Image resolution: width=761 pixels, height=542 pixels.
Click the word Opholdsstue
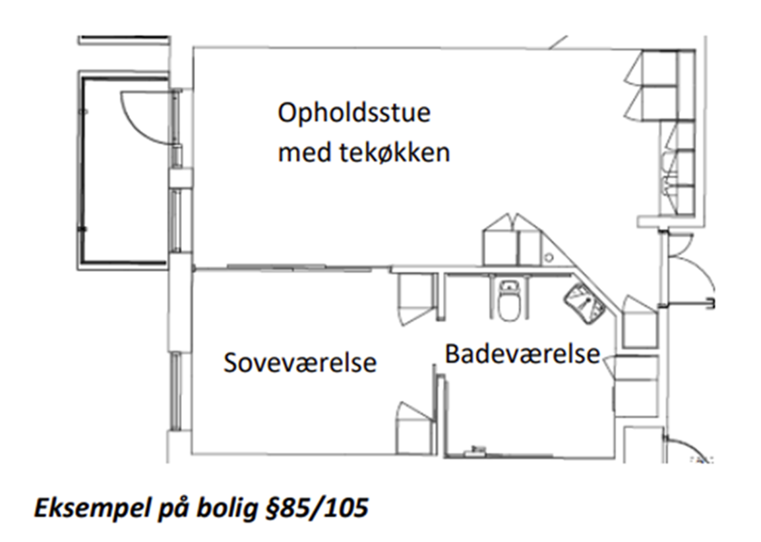tap(353, 114)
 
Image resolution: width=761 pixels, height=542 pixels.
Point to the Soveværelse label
tap(299, 363)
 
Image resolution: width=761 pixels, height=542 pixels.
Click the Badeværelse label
tap(522, 354)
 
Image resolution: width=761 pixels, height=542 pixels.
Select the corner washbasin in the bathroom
tap(583, 302)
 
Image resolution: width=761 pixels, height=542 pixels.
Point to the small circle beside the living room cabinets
tap(547, 257)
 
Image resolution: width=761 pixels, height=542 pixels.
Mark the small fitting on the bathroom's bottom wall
tap(475, 452)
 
